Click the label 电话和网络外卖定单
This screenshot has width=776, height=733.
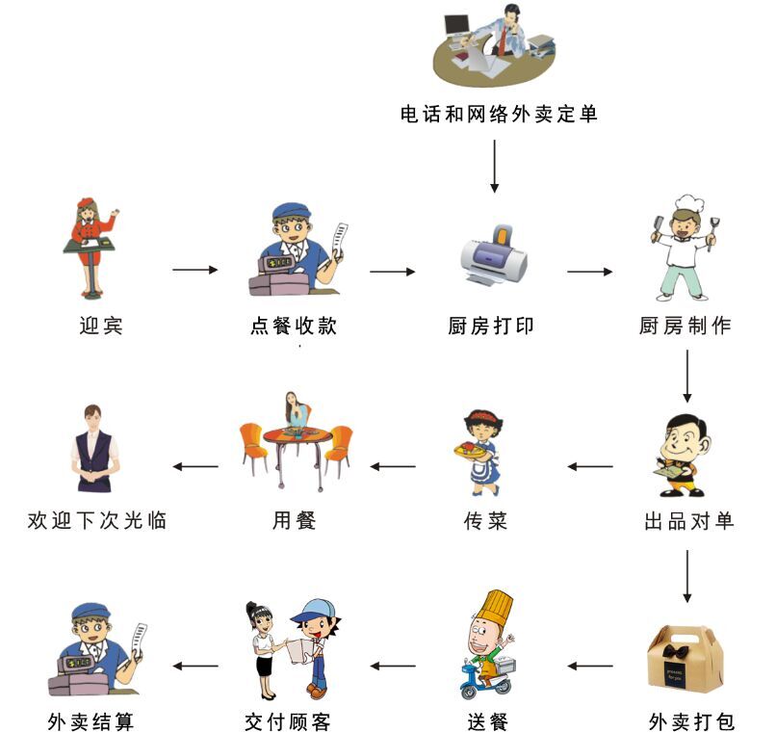[x=499, y=115]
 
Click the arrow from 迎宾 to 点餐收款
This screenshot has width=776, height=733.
[x=195, y=270]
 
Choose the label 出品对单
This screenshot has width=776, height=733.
[x=689, y=522]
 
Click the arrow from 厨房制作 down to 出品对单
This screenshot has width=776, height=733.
[x=687, y=376]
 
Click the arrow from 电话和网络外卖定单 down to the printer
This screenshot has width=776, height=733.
[x=494, y=166]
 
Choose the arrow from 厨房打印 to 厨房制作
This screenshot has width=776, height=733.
[x=589, y=272]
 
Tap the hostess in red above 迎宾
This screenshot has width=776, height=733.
[x=92, y=246]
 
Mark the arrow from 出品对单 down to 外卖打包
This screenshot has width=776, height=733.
[x=687, y=576]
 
